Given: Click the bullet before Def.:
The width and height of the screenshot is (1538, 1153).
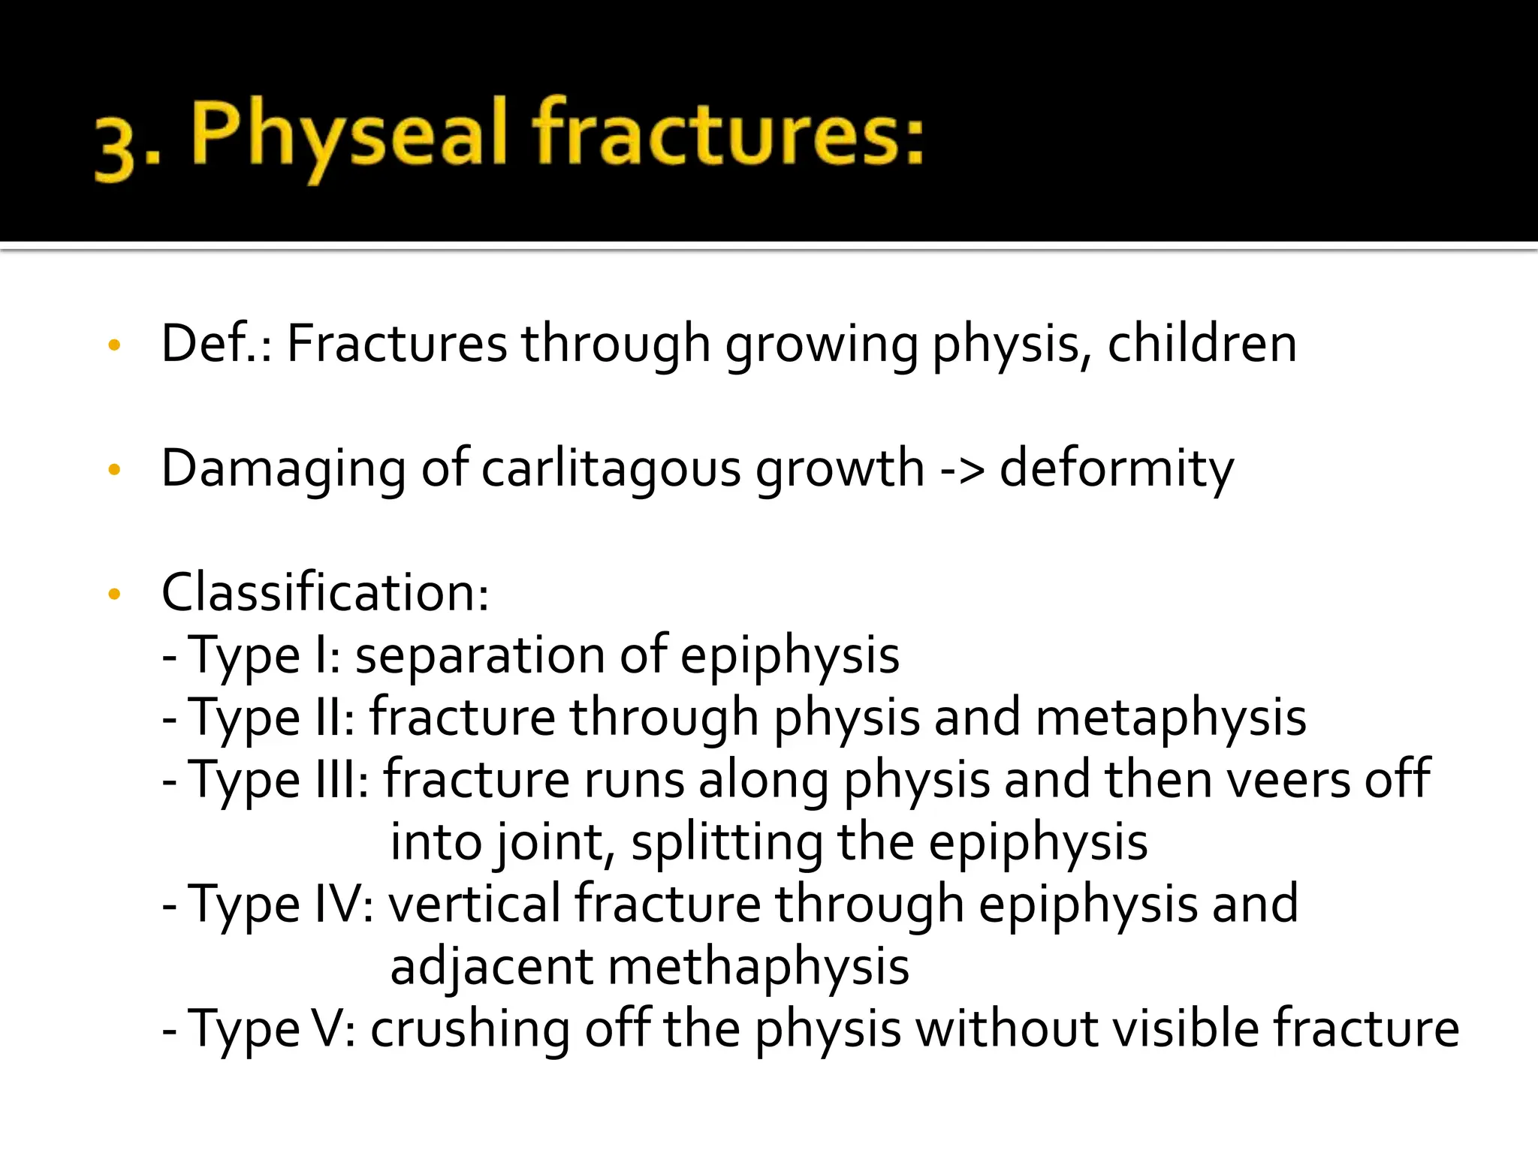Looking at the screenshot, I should (x=114, y=346).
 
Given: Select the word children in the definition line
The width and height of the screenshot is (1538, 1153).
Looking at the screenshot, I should (x=1202, y=344).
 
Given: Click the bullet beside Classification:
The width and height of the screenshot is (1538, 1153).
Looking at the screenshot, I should (x=114, y=595).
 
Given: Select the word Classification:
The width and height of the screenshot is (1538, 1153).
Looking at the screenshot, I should (x=325, y=593).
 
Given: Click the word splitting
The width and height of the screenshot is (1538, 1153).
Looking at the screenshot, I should (x=726, y=843).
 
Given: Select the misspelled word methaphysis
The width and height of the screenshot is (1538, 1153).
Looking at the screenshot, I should (x=758, y=967).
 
